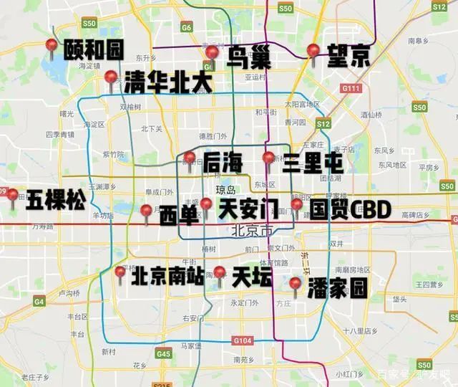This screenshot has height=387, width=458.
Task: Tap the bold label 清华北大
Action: [168, 82]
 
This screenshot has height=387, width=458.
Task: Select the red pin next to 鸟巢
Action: [212, 54]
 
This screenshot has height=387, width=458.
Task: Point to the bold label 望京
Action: [349, 56]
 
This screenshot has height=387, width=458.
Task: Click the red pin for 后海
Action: [190, 159]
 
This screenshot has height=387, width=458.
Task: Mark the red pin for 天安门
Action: [206, 206]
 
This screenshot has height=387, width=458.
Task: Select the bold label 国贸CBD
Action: [351, 210]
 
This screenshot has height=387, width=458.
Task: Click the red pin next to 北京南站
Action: [120, 273]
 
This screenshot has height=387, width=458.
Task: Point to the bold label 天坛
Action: [252, 277]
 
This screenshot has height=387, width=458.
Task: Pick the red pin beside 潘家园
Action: [295, 285]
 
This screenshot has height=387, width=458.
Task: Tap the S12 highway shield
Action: [323, 124]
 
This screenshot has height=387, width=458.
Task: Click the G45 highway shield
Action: [164, 353]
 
